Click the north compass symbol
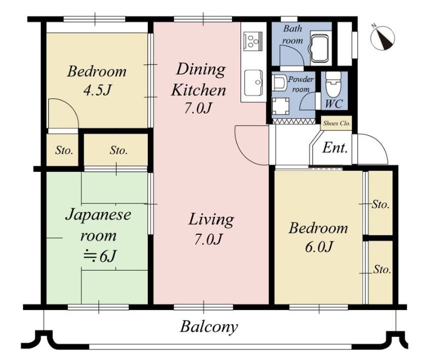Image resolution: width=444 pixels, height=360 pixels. [383, 38]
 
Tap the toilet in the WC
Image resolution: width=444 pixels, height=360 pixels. [333, 84]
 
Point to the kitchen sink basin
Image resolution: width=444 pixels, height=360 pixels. [253, 83]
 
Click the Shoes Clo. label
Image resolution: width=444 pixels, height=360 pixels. [337, 124]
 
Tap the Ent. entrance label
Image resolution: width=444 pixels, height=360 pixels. [336, 148]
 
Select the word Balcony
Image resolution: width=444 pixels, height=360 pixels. [209, 327]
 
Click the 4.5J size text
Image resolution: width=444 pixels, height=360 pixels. [97, 90]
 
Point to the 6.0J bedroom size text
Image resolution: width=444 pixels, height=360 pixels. [319, 247]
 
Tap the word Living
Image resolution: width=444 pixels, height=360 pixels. [211, 220]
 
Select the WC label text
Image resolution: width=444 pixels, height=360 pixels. [334, 104]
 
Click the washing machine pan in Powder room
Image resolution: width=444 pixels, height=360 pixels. [280, 106]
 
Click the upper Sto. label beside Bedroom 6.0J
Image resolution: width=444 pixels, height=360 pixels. [380, 204]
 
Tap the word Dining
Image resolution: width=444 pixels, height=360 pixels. [201, 70]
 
